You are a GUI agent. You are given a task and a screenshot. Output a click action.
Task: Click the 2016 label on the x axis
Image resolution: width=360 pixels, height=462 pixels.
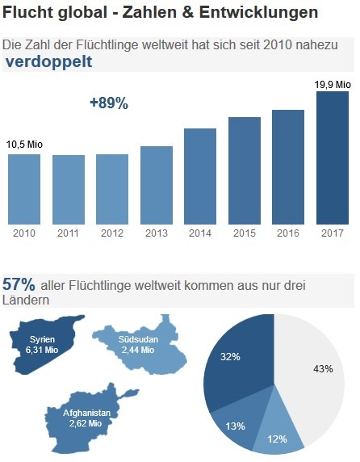point(288,233)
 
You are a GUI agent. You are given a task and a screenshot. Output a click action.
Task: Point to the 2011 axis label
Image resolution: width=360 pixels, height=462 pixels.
point(68,233)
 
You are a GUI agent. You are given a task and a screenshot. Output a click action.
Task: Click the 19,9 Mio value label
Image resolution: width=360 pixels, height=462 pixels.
point(332,83)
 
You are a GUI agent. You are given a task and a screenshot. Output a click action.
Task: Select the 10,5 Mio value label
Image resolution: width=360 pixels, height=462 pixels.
point(24,145)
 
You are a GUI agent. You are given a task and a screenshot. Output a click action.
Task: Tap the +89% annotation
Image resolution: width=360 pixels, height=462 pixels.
point(108,103)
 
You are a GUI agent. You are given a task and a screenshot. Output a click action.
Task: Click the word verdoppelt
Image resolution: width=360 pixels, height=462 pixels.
point(48,61)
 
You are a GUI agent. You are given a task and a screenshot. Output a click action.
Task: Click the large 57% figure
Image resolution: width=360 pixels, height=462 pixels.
point(19,284)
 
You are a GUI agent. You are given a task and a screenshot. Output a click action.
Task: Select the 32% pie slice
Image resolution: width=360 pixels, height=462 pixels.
point(234,363)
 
